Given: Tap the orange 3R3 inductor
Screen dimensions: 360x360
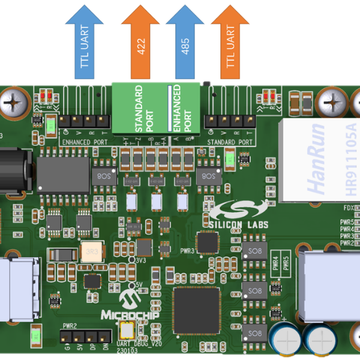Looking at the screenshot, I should pos(91,251).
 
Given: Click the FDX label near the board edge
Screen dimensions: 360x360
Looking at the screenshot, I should pos(347,208).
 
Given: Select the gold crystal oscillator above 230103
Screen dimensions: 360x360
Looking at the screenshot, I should pos(127,329).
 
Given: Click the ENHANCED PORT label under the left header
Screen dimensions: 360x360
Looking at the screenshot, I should pos(84,142).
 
